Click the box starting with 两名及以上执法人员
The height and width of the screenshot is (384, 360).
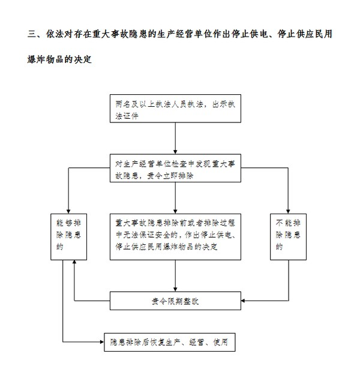175,109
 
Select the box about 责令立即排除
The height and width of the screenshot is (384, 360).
175,168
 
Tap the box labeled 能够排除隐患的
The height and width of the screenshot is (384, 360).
68,237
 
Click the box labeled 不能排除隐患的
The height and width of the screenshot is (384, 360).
288,237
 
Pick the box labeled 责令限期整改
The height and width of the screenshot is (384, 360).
175,301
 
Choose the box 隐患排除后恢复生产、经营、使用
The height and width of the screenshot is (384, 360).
170,342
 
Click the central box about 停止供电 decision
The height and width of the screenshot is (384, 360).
175,237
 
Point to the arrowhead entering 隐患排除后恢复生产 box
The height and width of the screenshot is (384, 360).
102,342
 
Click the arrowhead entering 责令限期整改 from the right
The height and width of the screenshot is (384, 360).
243,301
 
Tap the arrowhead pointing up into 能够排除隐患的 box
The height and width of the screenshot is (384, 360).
74,262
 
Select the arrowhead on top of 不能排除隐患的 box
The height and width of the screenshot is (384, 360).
288,211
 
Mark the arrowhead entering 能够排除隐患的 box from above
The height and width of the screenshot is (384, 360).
68,211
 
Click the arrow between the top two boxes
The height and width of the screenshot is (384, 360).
175,139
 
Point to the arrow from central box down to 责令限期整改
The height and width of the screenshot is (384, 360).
175,276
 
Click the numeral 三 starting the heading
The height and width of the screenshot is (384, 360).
32,34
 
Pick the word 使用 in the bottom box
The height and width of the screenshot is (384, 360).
220,342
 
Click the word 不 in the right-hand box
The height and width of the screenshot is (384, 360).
280,223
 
